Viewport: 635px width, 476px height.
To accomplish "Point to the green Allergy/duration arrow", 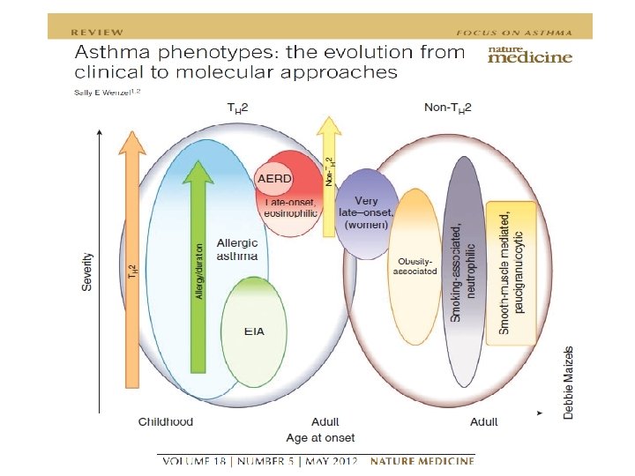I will [x=199, y=264].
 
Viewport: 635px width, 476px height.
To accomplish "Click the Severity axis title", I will [x=89, y=272].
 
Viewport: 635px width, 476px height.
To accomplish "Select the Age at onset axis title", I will [x=321, y=437].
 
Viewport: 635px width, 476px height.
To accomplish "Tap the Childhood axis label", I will [x=165, y=421].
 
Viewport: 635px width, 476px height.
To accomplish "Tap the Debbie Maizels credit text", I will [x=569, y=382].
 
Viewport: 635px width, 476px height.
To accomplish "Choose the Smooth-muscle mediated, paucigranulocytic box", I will [x=512, y=273].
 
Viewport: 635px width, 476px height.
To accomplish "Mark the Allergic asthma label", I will [x=237, y=249].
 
